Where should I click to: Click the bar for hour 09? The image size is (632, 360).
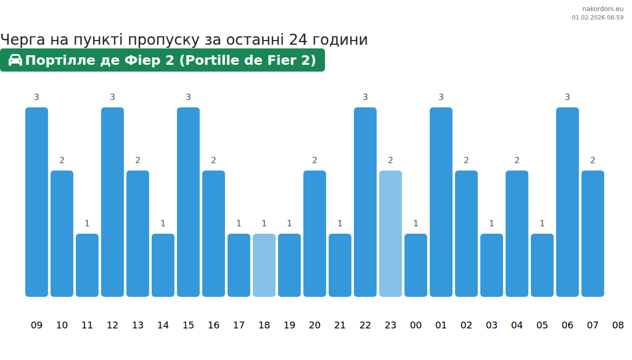pyautogui.click(x=36, y=202)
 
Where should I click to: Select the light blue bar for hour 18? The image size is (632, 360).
pyautogui.click(x=264, y=265)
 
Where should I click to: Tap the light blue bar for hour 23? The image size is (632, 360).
pyautogui.click(x=390, y=234)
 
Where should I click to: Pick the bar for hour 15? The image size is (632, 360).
pyautogui.click(x=188, y=202)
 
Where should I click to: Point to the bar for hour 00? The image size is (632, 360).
pyautogui.click(x=416, y=265)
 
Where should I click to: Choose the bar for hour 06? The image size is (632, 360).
pyautogui.click(x=567, y=202)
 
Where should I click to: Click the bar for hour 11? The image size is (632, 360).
pyautogui.click(x=87, y=265)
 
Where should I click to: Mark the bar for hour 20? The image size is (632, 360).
pyautogui.click(x=314, y=234)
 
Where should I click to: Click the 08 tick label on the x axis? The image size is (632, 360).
pyautogui.click(x=618, y=325)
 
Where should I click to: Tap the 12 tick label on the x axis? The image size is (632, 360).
pyautogui.click(x=112, y=325)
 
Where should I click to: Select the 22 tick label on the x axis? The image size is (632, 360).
pyautogui.click(x=365, y=325)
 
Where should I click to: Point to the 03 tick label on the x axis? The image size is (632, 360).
pyautogui.click(x=491, y=325)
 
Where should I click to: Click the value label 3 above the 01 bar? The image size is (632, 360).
pyautogui.click(x=441, y=97)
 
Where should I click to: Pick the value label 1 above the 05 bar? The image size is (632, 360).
pyautogui.click(x=542, y=223)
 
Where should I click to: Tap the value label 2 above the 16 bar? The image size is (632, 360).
pyautogui.click(x=213, y=160)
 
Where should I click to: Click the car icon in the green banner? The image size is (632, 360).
pyautogui.click(x=15, y=60)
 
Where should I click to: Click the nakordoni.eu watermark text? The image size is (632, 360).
pyautogui.click(x=603, y=9)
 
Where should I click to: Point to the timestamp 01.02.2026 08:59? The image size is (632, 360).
pyautogui.click(x=597, y=17)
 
